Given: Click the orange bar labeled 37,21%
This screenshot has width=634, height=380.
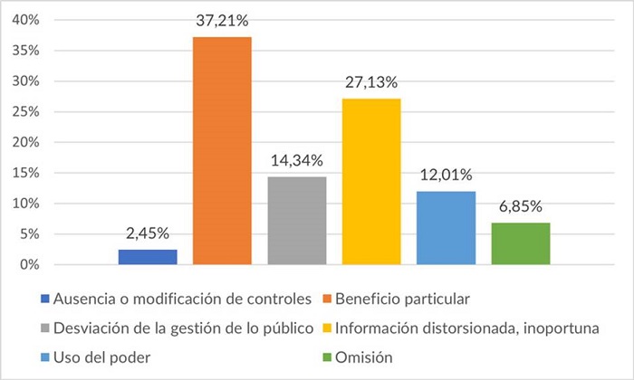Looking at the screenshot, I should click(222, 151).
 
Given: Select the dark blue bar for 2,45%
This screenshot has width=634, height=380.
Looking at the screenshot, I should click(148, 257).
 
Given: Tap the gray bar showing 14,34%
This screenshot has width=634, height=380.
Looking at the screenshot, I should click(297, 221).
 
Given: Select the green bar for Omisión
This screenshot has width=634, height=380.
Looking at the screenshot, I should click(521, 243).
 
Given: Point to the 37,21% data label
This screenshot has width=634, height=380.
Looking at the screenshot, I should click(222, 20).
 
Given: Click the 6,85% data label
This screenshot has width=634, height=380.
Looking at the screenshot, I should click(521, 205).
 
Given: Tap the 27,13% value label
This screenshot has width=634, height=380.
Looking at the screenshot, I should click(371, 81).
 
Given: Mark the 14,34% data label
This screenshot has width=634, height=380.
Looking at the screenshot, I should click(297, 160).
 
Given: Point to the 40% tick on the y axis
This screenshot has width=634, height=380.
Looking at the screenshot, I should click(24, 20).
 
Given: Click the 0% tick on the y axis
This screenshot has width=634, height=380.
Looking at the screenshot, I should click(28, 265).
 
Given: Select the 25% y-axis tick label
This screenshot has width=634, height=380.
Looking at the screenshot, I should click(24, 112).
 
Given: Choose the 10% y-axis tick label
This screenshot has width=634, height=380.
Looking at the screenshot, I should click(24, 204).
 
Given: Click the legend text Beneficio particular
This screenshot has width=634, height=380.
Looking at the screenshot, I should click(404, 298).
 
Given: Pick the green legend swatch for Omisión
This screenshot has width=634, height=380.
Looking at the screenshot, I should click(327, 358).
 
